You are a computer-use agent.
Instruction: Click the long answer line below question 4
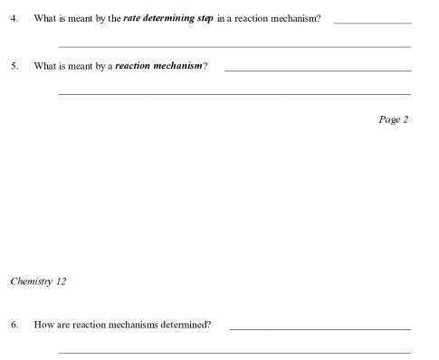234,46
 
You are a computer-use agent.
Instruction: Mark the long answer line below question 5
234,94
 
